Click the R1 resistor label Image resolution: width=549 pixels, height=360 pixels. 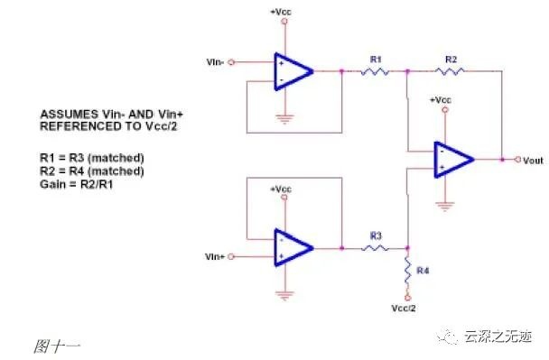(x=376, y=60)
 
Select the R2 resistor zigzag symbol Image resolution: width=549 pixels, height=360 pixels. (x=450, y=71)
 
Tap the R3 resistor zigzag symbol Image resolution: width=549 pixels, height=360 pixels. (x=375, y=248)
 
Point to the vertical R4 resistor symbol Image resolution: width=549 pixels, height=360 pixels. (x=407, y=271)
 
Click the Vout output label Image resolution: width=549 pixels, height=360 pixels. (x=533, y=161)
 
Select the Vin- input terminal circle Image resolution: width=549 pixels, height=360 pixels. (x=231, y=62)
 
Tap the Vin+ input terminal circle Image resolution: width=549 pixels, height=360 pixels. (x=231, y=256)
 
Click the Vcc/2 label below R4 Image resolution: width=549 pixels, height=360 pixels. (x=404, y=309)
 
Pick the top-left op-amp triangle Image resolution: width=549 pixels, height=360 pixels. (x=293, y=71)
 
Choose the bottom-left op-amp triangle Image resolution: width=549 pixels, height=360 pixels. (x=293, y=248)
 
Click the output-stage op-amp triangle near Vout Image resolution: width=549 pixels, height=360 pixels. (x=454, y=160)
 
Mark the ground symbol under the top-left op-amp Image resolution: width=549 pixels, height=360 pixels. (x=284, y=119)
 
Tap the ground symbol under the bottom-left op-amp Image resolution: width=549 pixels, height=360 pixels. (x=284, y=296)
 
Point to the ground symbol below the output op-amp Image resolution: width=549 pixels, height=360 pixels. (x=444, y=207)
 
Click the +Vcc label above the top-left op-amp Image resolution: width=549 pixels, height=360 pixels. (x=281, y=12)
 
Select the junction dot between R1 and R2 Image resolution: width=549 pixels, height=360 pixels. (x=407, y=71)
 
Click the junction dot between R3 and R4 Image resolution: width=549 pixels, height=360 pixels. (x=407, y=248)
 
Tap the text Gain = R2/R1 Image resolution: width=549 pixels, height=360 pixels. (x=77, y=184)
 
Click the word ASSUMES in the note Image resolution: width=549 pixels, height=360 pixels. (x=70, y=115)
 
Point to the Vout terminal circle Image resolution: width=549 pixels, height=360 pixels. (x=517, y=160)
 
